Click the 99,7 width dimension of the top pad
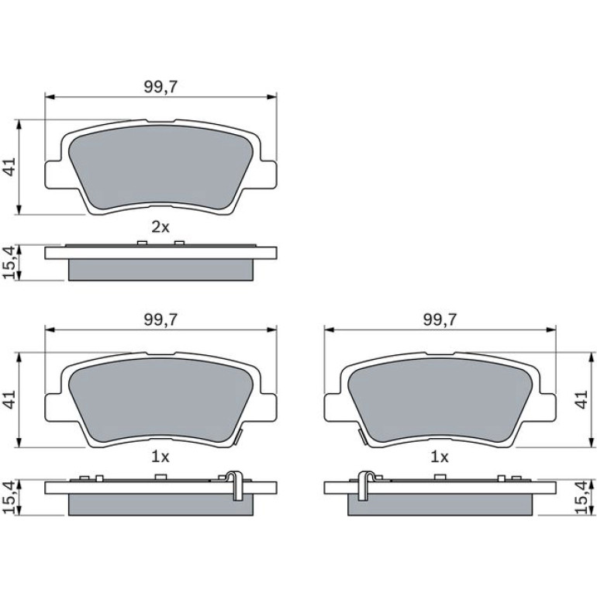(x=160, y=87)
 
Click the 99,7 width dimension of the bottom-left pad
(x=160, y=319)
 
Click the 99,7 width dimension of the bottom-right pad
(x=440, y=319)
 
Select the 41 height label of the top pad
(x=10, y=167)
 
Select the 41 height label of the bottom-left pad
(x=10, y=399)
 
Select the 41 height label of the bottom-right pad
(x=581, y=399)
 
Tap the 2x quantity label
(x=160, y=227)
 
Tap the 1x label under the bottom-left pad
(x=160, y=457)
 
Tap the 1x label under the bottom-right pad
(x=440, y=457)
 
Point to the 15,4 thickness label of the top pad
(x=10, y=263)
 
